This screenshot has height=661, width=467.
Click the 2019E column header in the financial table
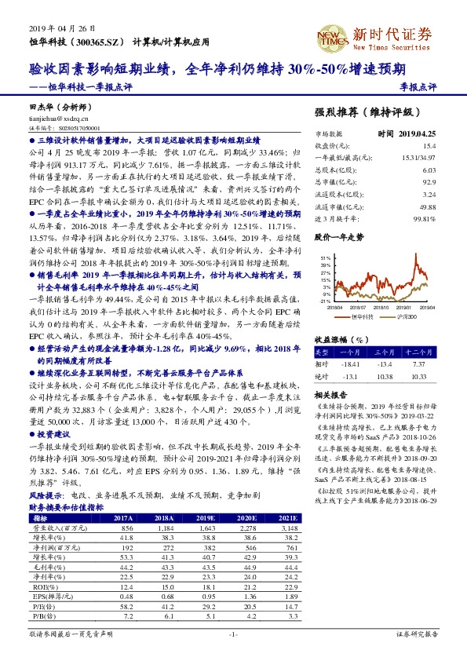(207, 519)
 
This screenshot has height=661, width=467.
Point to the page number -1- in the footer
(232, 633)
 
